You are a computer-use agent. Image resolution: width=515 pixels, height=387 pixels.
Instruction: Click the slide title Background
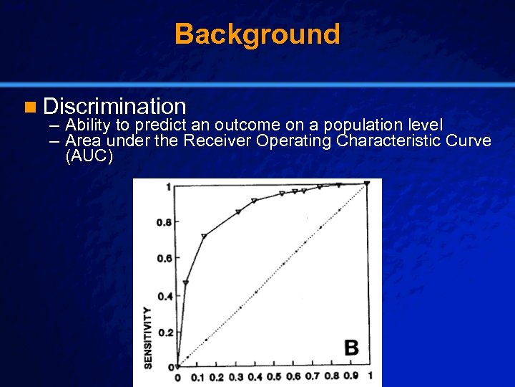[x=257, y=34]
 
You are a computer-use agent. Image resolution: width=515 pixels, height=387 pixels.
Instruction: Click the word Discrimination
[x=114, y=107]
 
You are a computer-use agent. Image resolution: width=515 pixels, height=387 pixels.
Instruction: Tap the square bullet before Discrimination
[x=29, y=108]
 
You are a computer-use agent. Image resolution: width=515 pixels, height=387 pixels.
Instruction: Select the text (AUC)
[x=89, y=156]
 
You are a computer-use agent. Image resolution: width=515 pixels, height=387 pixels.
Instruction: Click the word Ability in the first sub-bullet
[x=89, y=125]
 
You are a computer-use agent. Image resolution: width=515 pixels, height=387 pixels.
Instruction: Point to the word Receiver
[x=217, y=140]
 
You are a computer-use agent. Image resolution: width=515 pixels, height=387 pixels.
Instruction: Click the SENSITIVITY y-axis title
[x=148, y=338]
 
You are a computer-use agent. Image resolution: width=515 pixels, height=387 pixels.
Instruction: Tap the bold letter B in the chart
[x=351, y=348]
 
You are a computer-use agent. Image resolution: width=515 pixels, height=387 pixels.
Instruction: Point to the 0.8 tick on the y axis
[x=164, y=222]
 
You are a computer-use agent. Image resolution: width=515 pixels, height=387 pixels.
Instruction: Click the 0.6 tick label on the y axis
[x=164, y=259]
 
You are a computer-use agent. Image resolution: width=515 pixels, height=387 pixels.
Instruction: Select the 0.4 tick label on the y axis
[x=164, y=296]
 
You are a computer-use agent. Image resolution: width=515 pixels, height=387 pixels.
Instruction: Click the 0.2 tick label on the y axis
[x=164, y=333]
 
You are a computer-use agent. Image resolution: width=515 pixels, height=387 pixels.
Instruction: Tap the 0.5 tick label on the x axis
[x=275, y=377]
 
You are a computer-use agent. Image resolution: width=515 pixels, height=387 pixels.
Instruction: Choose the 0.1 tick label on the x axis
[x=197, y=377]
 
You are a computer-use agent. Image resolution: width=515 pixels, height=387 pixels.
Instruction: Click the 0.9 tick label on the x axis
[x=350, y=377]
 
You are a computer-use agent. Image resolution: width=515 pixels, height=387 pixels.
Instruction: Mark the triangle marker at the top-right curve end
[x=367, y=184]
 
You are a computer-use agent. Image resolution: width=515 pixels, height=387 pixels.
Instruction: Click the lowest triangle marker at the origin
[x=178, y=366]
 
